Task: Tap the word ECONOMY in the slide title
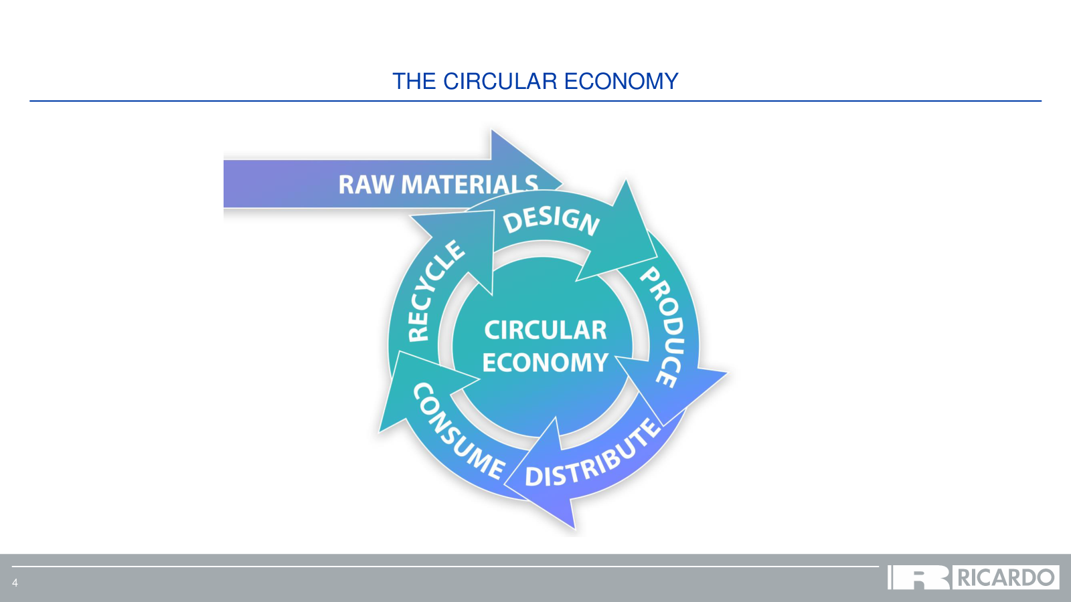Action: coord(621,81)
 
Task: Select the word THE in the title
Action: coord(414,81)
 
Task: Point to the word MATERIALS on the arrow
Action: coord(469,185)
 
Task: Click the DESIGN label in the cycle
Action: coord(551,221)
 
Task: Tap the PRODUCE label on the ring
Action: coord(663,327)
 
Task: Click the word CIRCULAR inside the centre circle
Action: coord(545,330)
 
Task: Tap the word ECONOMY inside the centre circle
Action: coord(545,362)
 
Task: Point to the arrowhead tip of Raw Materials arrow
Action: coord(562,183)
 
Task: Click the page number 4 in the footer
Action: coord(15,583)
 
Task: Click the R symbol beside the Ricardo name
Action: coord(918,578)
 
